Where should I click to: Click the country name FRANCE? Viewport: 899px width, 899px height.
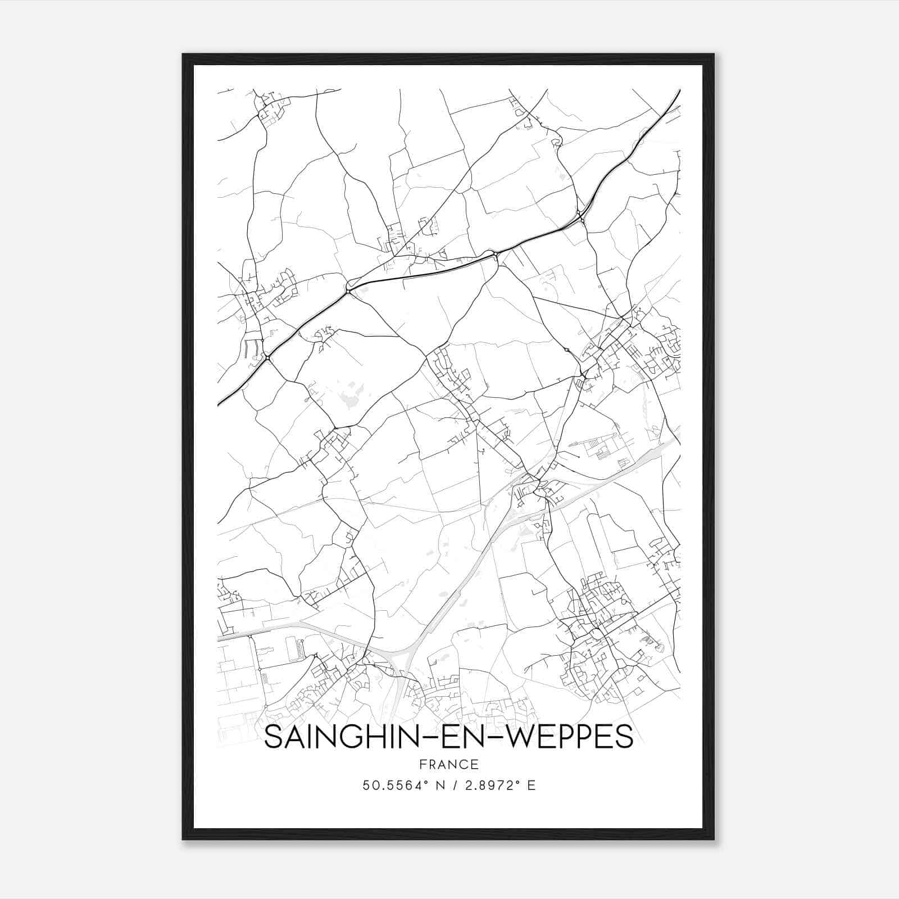(448, 765)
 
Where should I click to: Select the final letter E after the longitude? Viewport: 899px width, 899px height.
(532, 786)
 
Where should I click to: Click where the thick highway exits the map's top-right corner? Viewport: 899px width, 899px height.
(679, 91)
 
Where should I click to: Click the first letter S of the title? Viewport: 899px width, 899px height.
(272, 737)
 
